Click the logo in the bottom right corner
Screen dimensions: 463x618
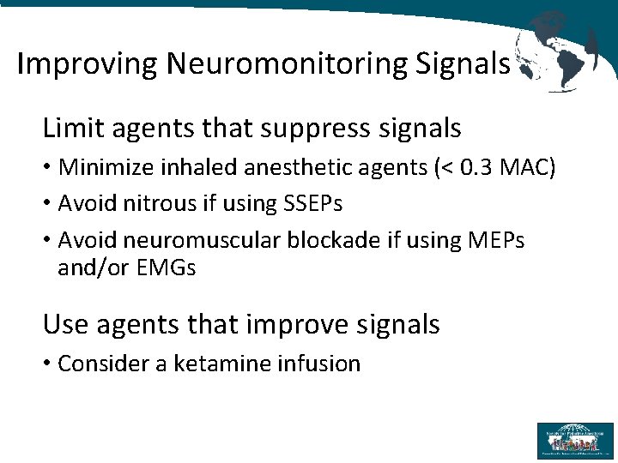574,440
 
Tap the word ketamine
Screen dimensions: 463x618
222,364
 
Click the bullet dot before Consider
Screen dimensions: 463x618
47,364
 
